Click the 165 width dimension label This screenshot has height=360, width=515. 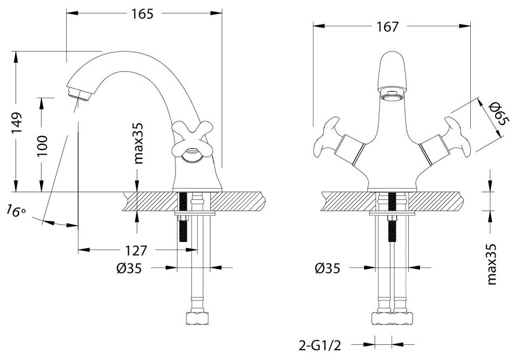point(143,14)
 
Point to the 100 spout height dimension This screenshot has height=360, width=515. point(43,145)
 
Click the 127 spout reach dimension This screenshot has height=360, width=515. point(136,251)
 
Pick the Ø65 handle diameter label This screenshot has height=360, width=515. point(497,114)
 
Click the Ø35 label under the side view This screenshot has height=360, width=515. point(128,268)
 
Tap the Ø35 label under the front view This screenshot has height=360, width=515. point(328,268)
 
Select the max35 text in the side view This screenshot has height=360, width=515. point(138,143)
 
